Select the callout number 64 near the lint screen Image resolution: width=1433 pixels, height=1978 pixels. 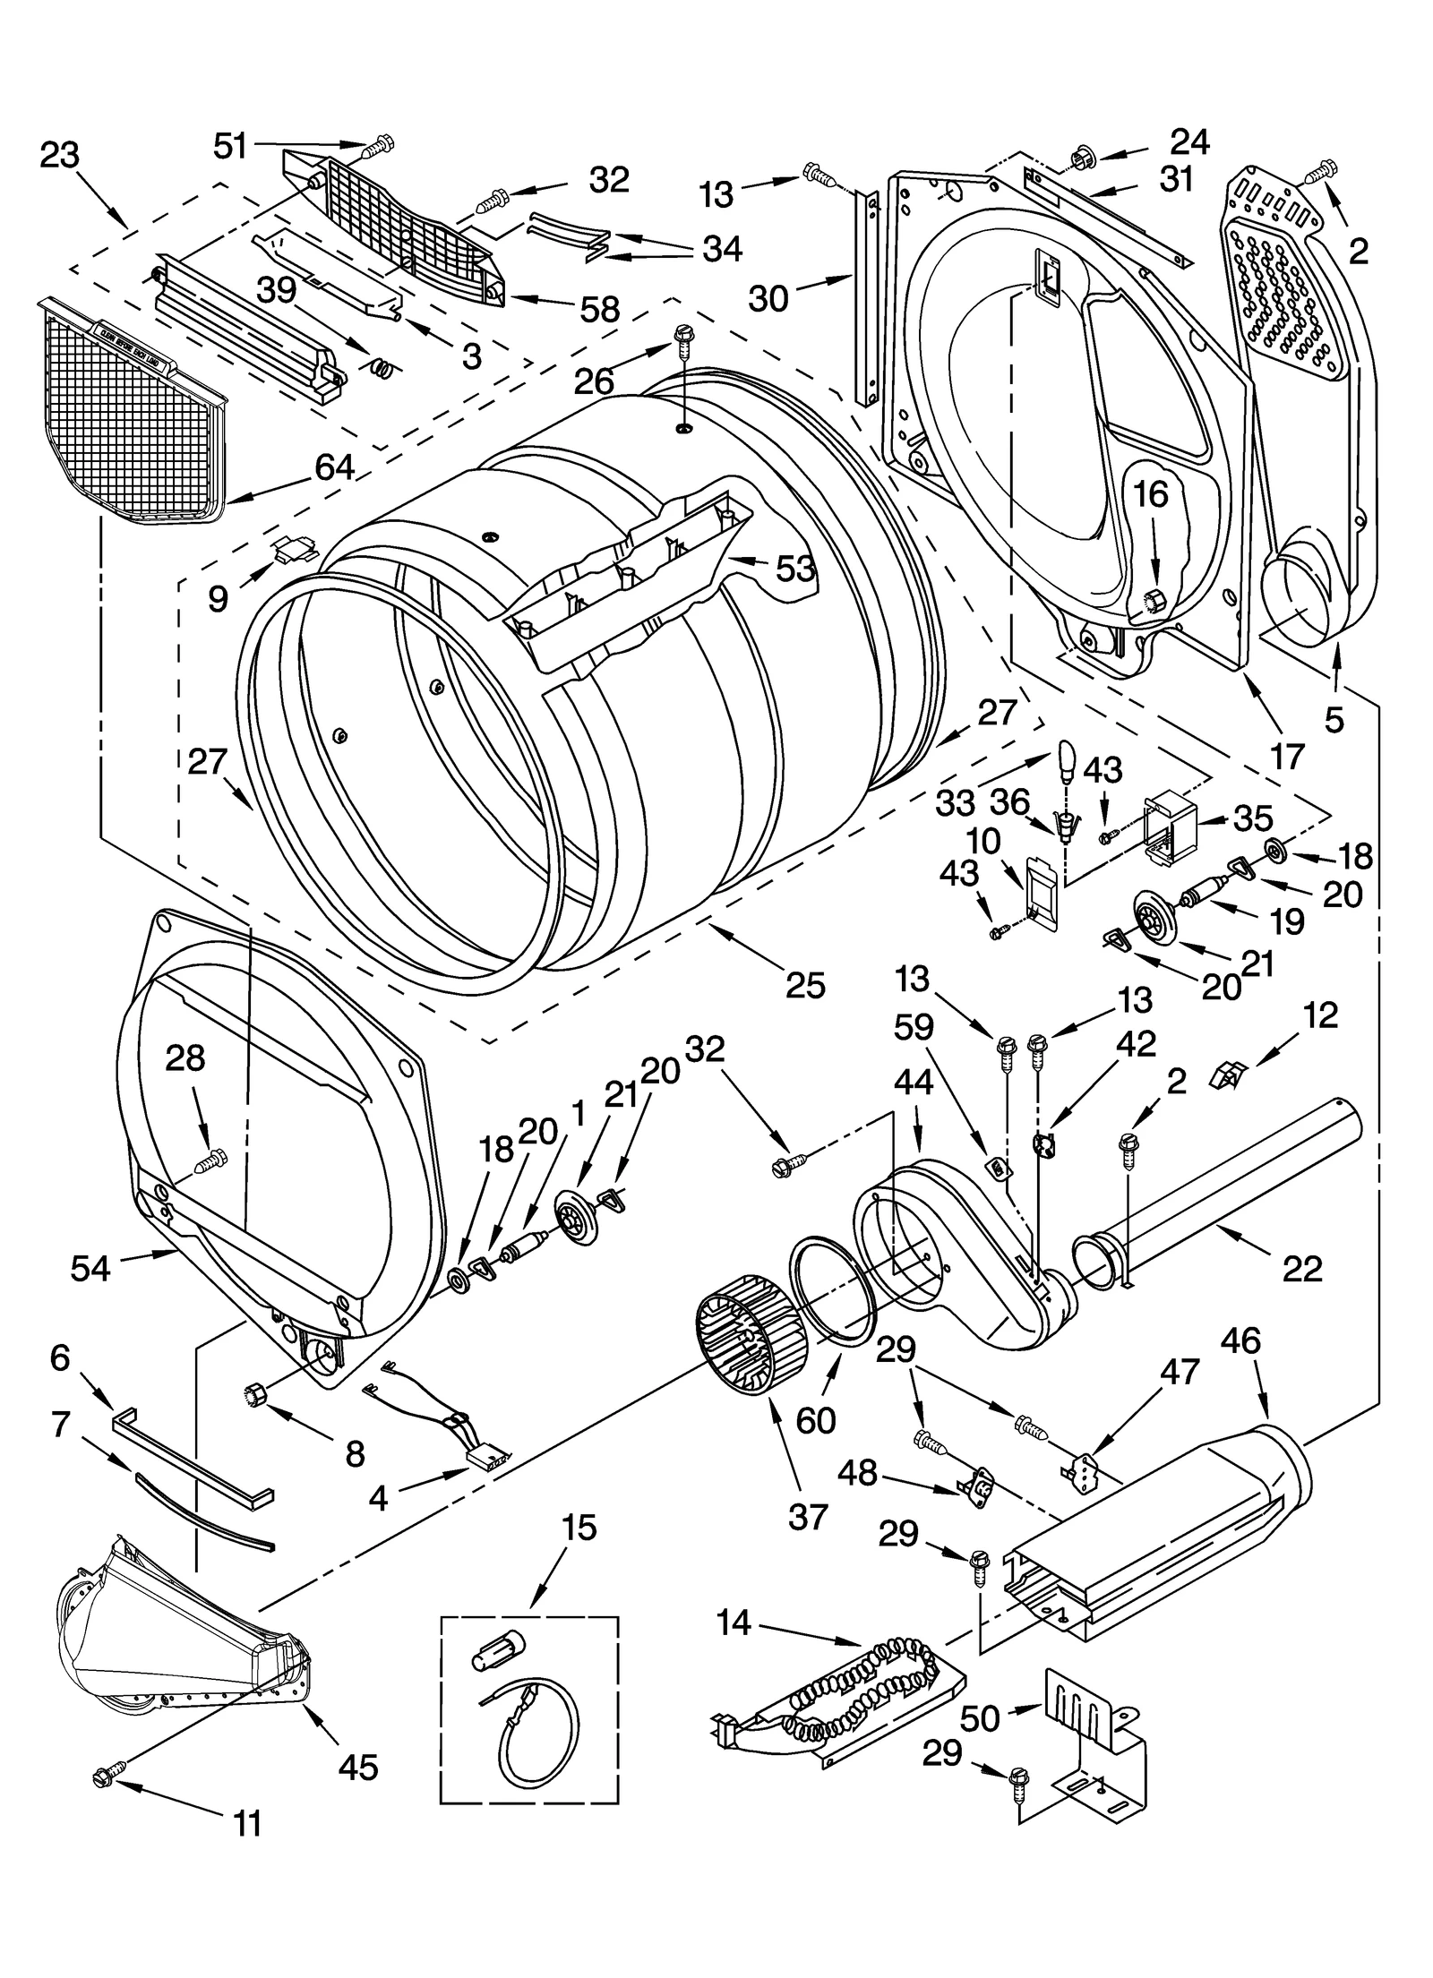[333, 468]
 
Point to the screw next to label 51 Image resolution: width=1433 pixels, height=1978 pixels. [380, 143]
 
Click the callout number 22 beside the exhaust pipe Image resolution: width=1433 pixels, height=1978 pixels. [1301, 1267]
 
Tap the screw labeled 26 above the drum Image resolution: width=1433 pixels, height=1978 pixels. [683, 338]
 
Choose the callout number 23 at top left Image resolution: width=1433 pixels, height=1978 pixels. [60, 155]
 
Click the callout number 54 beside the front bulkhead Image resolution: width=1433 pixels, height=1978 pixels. [90, 1268]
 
